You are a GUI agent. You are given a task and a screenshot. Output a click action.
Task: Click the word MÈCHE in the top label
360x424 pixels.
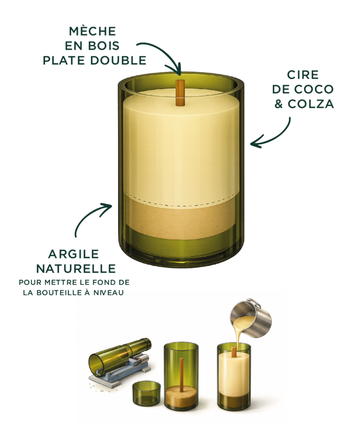[x=92, y=31]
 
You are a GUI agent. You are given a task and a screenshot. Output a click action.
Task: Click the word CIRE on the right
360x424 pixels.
[x=303, y=75]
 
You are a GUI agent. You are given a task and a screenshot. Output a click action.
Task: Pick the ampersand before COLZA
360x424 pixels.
[x=278, y=104]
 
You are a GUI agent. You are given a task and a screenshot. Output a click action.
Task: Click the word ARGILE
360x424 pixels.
[x=74, y=254]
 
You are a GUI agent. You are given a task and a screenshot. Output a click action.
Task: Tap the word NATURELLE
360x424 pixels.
[x=76, y=269]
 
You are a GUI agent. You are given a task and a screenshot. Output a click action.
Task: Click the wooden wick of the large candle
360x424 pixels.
[x=180, y=93]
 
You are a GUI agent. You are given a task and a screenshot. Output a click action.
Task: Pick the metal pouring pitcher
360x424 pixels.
[x=251, y=318]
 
